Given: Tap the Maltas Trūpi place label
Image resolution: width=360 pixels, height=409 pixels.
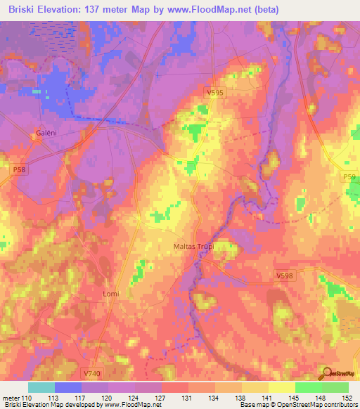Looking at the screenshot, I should (193, 247).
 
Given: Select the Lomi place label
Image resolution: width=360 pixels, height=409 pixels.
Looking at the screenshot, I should (110, 293).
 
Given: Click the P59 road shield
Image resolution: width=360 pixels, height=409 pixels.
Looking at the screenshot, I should (350, 177).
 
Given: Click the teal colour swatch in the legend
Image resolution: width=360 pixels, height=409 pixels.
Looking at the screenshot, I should (41, 387).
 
